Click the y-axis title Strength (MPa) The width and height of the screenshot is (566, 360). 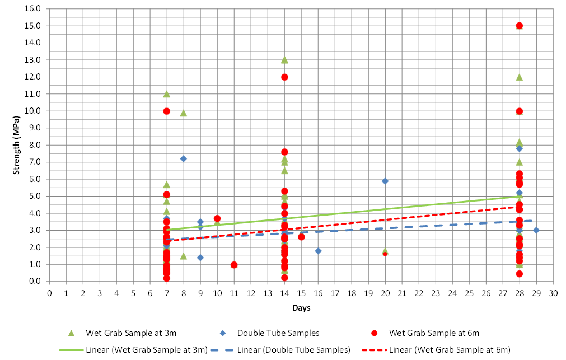coord(17,144)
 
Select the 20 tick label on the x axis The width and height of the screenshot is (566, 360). coord(385,292)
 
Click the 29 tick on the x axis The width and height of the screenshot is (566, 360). coord(536,292)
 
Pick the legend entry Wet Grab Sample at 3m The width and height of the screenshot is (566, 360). coord(131,333)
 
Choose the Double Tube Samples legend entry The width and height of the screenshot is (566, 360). coord(278,333)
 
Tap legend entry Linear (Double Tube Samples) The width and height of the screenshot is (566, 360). coord(293,350)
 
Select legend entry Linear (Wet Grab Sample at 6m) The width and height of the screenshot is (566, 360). coord(450,350)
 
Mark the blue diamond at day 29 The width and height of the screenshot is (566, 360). coord(536,230)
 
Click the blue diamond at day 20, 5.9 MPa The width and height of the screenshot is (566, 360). coord(385,181)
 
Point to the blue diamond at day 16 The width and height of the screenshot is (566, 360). coord(318,251)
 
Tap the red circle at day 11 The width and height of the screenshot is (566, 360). coord(234,265)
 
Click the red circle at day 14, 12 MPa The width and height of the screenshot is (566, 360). coord(284,77)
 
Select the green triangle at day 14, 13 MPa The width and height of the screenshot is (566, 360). coord(284,60)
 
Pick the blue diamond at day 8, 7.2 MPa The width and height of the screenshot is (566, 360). coord(184,158)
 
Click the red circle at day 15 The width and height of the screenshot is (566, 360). coord(301,237)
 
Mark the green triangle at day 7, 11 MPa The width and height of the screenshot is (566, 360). coord(167,94)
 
